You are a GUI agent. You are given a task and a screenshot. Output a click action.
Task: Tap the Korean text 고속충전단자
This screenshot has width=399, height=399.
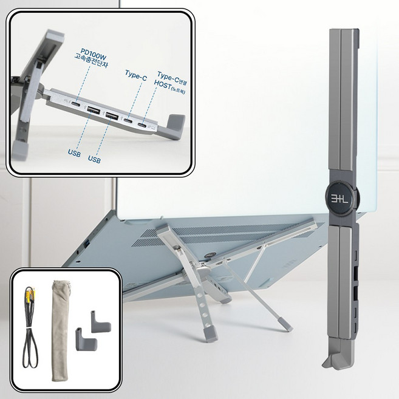(91, 61)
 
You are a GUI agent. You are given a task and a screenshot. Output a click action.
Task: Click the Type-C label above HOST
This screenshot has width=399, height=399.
(168, 77)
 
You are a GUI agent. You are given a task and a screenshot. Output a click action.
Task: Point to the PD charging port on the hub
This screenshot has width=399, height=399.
(75, 104)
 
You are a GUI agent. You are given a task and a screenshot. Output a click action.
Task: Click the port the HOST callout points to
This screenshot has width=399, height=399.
(142, 125)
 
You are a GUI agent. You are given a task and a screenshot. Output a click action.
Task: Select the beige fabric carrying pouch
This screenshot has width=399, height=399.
(60, 330)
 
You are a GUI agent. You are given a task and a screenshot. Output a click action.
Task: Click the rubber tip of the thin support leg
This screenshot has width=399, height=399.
(285, 324)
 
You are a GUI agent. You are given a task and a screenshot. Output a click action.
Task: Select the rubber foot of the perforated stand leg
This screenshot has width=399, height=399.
(211, 334)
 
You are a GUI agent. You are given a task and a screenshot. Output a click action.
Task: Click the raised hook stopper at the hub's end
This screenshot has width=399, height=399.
(176, 123)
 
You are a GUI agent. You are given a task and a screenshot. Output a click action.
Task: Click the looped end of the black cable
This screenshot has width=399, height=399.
(30, 356)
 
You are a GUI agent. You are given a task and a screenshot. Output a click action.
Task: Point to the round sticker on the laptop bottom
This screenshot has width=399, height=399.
(210, 255)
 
